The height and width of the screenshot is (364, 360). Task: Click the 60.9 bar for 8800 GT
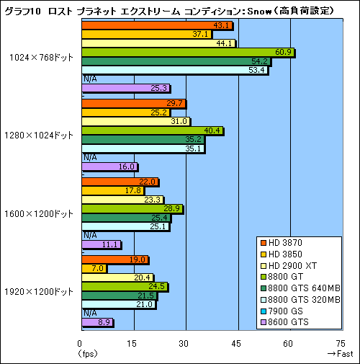187,53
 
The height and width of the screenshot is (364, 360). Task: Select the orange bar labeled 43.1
156,25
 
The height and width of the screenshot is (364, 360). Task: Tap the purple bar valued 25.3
125,89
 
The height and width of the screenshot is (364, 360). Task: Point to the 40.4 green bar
152,130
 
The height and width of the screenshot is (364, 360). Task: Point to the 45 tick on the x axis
238,343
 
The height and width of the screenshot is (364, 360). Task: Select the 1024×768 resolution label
42,58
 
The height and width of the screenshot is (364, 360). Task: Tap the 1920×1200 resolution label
42,291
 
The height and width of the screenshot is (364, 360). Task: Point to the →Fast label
338,354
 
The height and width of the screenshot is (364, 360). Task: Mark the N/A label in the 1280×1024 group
91,156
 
